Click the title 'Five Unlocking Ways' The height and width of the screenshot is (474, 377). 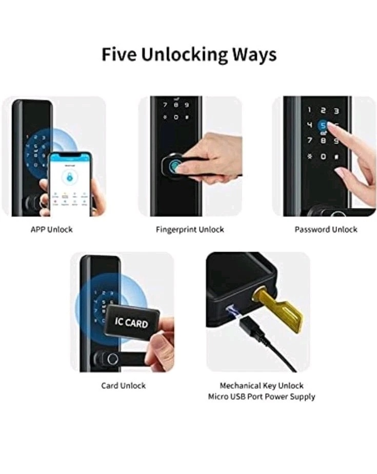tap(188, 54)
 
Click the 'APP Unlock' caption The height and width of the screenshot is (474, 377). tap(51, 229)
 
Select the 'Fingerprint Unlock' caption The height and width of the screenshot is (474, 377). tap(190, 229)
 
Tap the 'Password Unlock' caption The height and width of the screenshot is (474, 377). tap(326, 229)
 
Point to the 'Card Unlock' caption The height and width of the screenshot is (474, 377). tap(123, 385)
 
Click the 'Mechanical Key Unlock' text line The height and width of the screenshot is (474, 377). tap(262, 385)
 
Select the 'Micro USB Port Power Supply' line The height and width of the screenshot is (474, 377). tap(262, 396)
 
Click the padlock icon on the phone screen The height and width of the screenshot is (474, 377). tap(68, 177)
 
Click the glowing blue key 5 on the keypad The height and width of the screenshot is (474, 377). tap(323, 125)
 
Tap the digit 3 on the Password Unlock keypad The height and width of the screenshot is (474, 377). tap(336, 110)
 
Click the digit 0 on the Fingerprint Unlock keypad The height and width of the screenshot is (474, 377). tap(176, 117)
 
